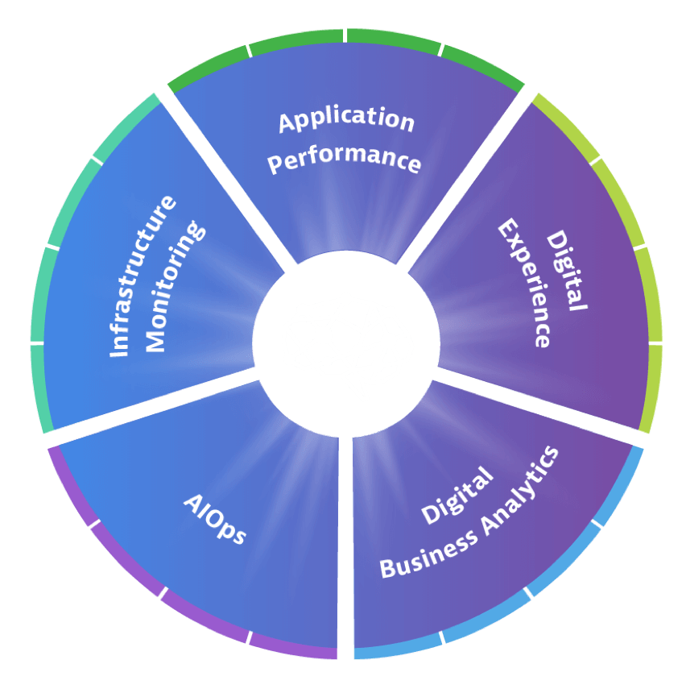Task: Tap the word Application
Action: pos(346,121)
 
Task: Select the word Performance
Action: pos(345,159)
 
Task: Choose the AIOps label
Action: pos(213,519)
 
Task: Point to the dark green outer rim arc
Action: pos(346,37)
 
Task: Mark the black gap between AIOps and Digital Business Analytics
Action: pos(345,548)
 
